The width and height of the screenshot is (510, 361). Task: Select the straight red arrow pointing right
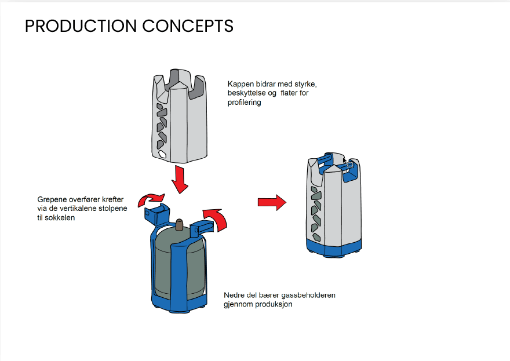coord(272,202)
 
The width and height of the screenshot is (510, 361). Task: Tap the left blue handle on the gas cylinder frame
coord(155,213)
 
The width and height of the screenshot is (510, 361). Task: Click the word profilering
coord(245,103)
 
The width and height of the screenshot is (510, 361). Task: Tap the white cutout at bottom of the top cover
coord(164,154)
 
